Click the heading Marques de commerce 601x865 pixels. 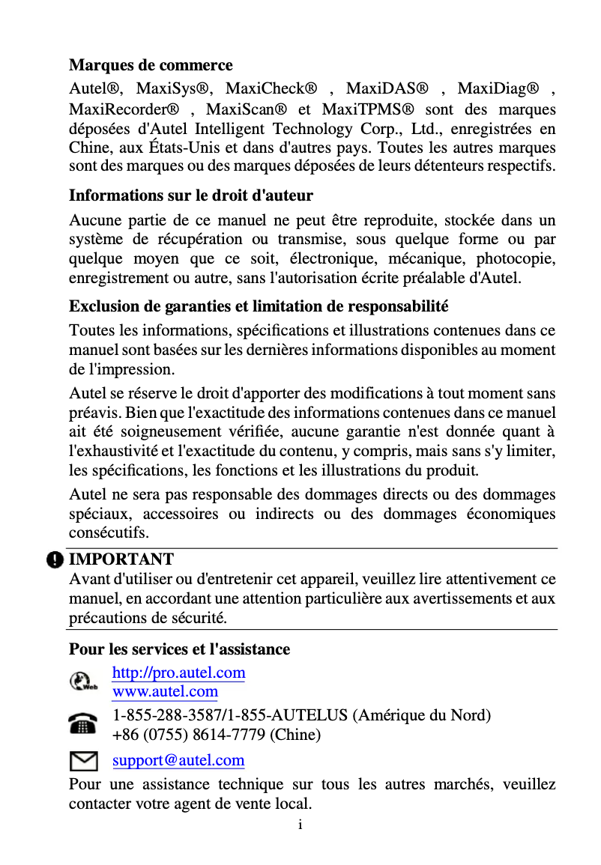point(151,65)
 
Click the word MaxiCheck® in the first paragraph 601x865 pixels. point(271,89)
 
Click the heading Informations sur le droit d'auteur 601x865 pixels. point(191,195)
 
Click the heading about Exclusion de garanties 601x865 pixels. point(259,306)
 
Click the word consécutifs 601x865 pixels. point(109,533)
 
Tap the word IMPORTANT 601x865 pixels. point(121,559)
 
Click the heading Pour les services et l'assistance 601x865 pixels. point(179,649)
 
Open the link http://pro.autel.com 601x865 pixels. point(178,673)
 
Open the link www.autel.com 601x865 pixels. point(165,691)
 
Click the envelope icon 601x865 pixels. point(82,762)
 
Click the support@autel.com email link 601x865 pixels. point(178,761)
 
